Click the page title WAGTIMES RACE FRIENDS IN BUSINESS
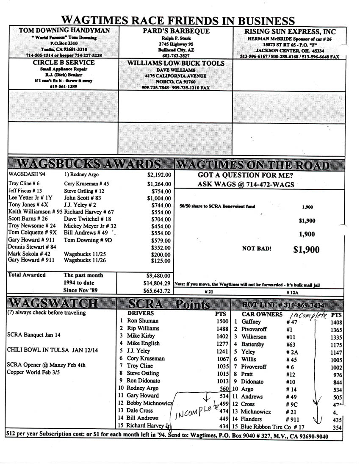178,20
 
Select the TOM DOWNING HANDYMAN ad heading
64,31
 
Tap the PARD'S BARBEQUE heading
176,31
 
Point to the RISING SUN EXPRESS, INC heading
290,32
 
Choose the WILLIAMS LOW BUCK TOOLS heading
176,63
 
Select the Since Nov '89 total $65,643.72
157,291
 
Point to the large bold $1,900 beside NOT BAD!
306,250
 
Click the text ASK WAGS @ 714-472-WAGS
246,184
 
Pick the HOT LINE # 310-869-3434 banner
283,305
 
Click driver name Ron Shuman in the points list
143,321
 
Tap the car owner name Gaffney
252,322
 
